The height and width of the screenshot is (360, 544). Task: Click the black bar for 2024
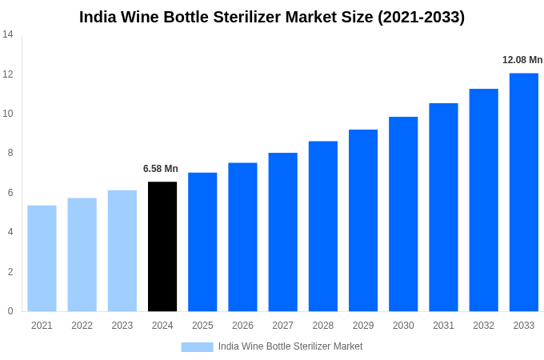pos(162,246)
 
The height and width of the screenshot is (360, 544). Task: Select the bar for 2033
pos(524,192)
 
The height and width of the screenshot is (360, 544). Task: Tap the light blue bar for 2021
pos(42,258)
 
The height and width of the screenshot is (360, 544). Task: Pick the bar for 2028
pos(323,226)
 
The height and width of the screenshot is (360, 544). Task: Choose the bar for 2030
pos(403,214)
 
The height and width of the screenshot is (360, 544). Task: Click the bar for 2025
pos(202,242)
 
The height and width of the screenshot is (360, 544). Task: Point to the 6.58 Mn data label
pos(161,169)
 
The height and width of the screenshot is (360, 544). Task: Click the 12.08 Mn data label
pos(522,60)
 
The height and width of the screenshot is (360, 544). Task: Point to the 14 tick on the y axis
pos(8,34)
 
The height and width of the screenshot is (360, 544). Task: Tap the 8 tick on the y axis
pos(10,153)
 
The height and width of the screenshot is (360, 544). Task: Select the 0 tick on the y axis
pos(10,311)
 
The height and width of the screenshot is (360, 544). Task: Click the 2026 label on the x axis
pos(242,326)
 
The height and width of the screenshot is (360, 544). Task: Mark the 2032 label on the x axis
pos(483,326)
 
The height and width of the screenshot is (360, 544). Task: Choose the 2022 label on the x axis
pos(82,326)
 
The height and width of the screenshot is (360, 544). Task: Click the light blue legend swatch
pos(197,346)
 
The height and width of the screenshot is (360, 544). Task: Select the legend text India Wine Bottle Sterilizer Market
pos(290,346)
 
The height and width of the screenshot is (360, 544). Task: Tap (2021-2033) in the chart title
pos(421,17)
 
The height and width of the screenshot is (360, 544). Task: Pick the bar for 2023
pos(122,250)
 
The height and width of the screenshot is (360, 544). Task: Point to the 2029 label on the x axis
pos(363,326)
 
